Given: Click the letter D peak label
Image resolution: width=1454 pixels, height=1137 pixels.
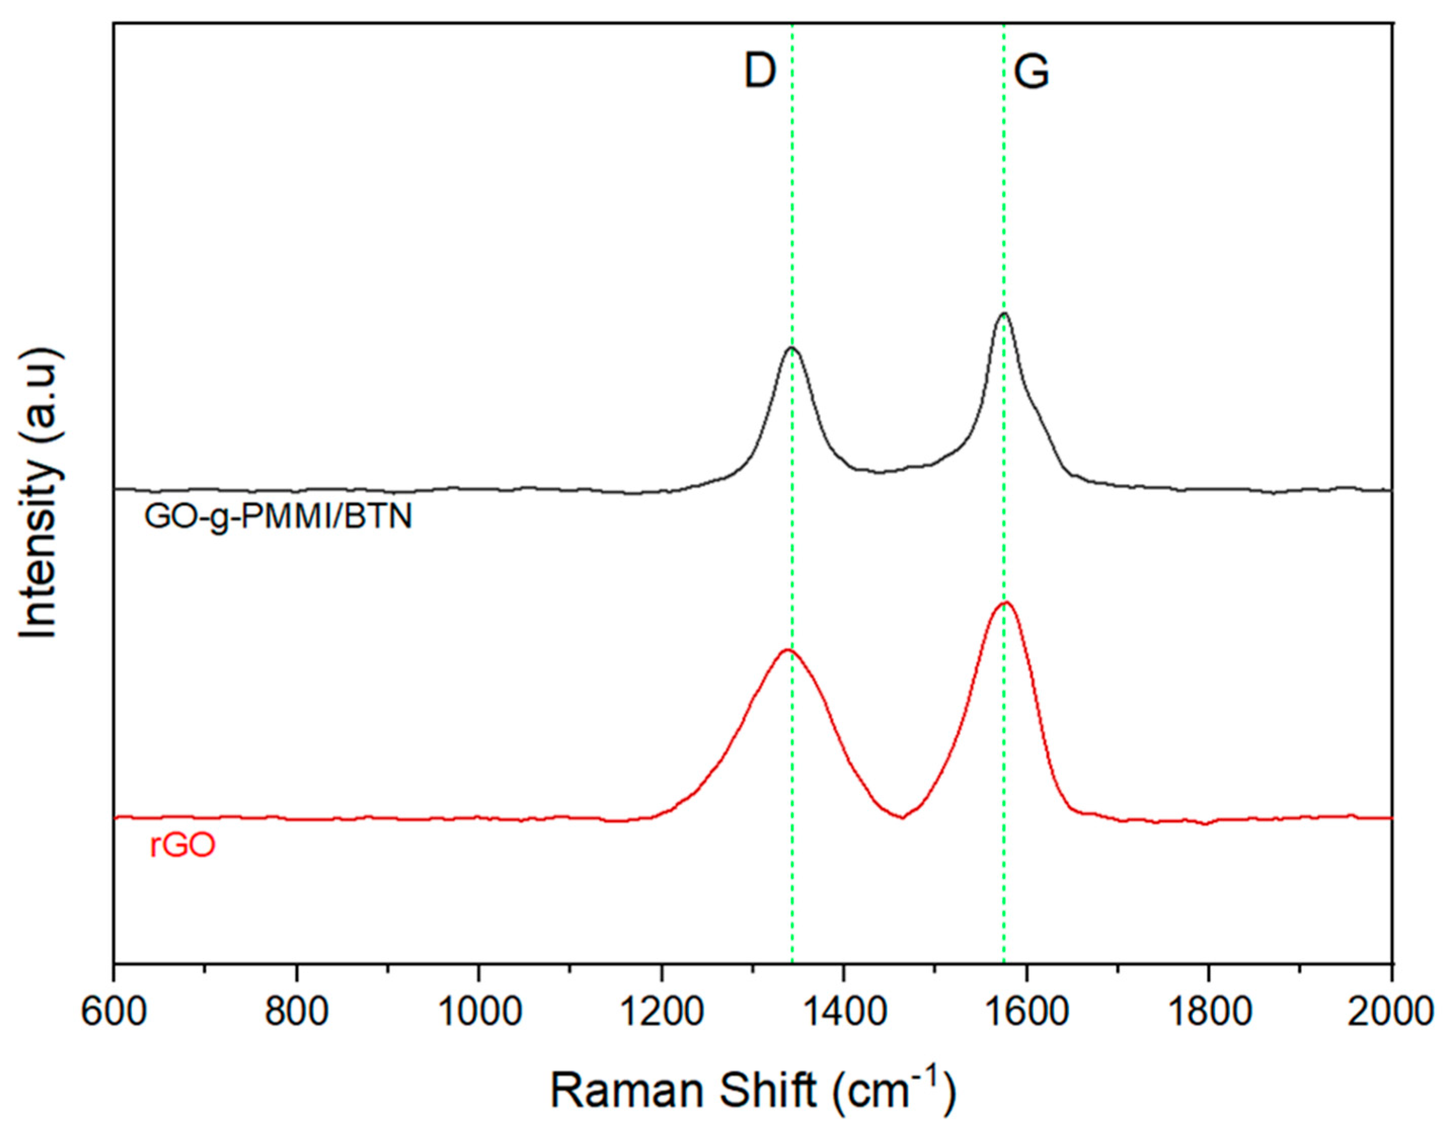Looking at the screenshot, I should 760,72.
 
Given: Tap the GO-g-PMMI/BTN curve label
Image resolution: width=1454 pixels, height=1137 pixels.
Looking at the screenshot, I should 278,517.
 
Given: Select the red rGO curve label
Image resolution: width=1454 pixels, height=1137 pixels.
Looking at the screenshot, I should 182,847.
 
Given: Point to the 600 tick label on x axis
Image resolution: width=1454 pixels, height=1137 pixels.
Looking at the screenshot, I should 114,1012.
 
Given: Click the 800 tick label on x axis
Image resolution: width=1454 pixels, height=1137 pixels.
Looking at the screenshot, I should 296,1012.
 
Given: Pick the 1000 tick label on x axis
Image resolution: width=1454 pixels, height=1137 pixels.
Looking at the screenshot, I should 478,1012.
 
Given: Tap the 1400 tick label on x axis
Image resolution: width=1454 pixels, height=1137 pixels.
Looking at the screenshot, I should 844,1012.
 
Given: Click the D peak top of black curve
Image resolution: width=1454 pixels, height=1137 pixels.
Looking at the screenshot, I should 792,348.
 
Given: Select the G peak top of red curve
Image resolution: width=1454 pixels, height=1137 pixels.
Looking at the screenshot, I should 1006,603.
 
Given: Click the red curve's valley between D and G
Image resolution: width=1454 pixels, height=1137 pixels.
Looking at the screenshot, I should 902,817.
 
